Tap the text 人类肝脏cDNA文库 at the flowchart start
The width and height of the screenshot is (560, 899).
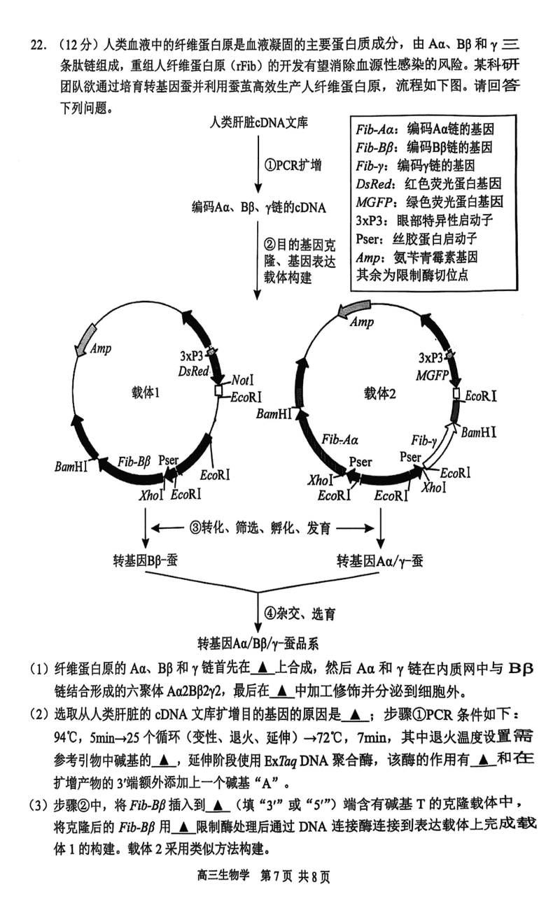[x=260, y=122]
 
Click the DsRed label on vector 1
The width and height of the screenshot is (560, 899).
[x=194, y=371]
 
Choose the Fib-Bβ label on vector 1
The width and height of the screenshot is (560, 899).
[x=134, y=461]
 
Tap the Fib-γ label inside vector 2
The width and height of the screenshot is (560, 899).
[x=424, y=439]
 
